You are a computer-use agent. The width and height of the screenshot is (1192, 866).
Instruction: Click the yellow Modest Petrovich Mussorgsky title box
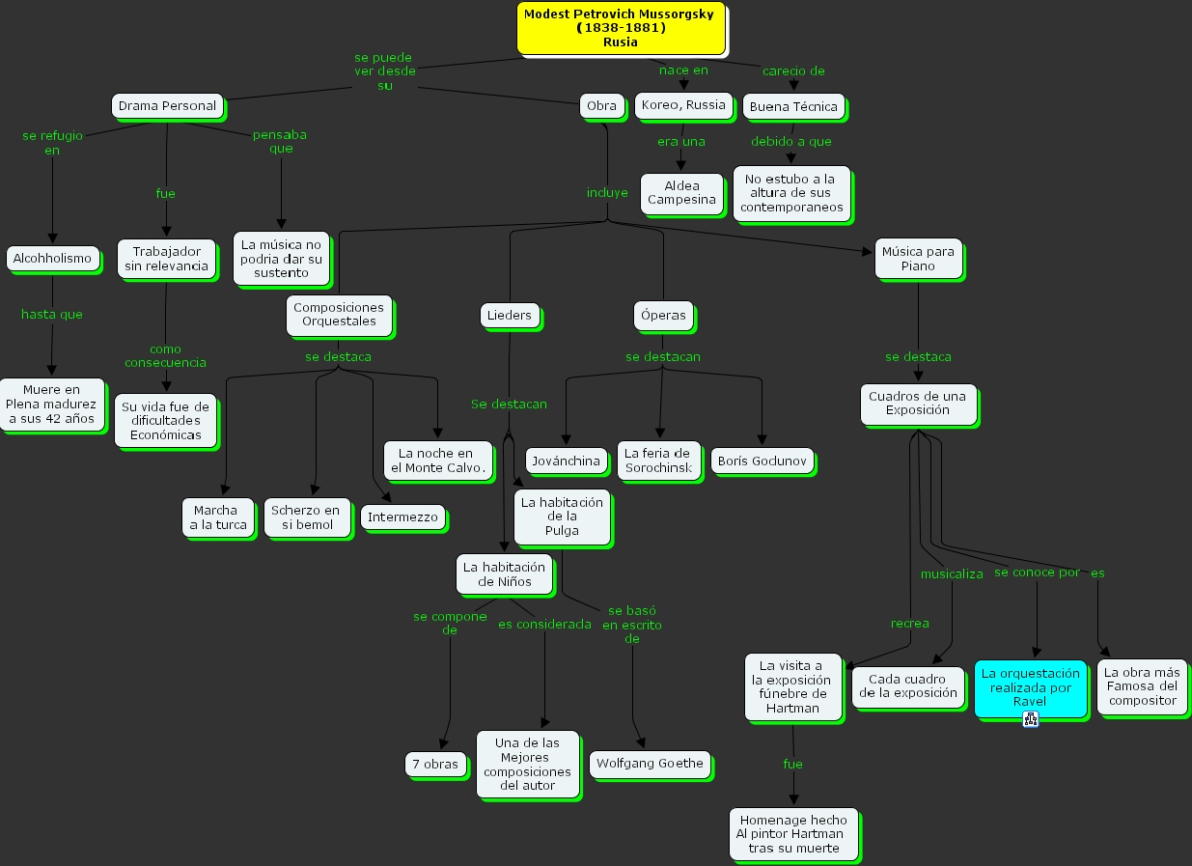pos(620,27)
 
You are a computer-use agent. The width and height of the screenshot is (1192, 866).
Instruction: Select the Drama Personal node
pos(167,105)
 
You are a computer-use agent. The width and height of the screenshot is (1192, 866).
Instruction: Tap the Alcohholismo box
pos(52,258)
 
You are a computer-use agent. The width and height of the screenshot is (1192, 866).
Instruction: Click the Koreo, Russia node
pos(683,105)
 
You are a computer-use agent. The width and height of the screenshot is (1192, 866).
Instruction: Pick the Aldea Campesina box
pos(681,192)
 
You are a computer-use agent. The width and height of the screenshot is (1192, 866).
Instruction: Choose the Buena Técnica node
pos(793,106)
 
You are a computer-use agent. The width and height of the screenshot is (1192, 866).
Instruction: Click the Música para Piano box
pos(917,259)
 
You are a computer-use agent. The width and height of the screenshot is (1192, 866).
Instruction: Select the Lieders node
pos(509,315)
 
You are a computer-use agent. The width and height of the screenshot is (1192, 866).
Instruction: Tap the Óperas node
pos(663,315)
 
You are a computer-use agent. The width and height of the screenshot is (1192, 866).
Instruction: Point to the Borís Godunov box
pos(762,461)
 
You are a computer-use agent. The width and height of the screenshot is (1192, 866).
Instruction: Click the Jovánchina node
pos(566,461)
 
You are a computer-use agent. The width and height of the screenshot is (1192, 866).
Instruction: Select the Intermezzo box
pos(402,517)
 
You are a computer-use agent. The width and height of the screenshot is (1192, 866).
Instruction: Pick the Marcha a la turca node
pos(218,517)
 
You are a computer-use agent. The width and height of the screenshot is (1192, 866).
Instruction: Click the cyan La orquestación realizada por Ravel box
pos(1030,687)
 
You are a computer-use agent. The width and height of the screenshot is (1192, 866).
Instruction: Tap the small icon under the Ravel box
pos(1030,718)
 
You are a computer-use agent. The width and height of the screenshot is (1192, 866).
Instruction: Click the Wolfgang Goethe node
pos(650,764)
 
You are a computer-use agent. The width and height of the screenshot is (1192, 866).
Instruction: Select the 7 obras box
pos(434,764)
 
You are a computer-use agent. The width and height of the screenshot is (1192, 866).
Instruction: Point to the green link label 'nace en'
pos(683,70)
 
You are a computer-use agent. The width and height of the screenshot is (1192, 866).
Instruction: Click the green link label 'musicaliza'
pos(952,573)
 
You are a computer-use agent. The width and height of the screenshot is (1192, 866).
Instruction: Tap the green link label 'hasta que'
pos(52,314)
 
